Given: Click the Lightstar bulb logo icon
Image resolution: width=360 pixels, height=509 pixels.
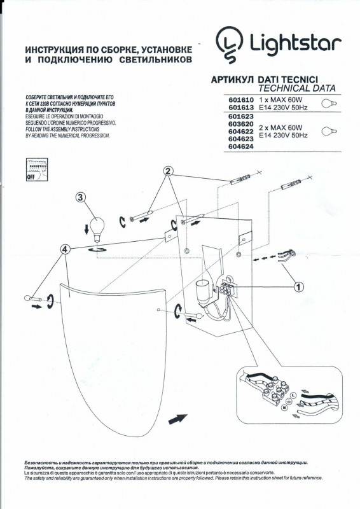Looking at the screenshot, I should [228, 43].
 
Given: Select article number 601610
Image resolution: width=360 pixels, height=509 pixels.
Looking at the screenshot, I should [240, 101].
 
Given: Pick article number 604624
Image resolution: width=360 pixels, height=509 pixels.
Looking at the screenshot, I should [240, 146].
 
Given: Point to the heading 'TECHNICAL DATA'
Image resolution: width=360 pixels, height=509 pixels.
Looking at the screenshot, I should [297, 88].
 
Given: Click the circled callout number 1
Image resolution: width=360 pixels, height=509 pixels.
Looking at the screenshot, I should [298, 286].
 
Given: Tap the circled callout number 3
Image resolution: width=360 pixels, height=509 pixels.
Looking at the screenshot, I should [81, 197].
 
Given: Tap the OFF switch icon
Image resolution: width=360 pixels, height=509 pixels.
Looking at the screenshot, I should [36, 171].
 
